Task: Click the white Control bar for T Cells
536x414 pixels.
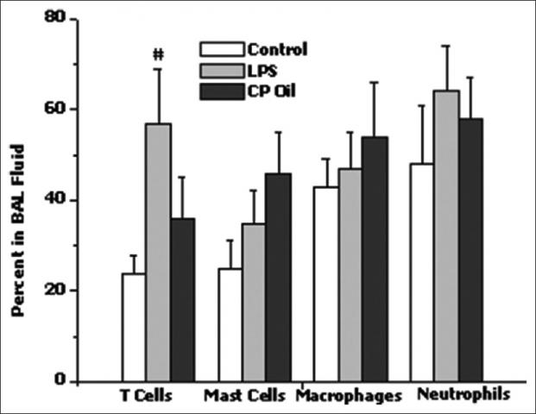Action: [x=133, y=327]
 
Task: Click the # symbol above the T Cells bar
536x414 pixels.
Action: [x=158, y=54]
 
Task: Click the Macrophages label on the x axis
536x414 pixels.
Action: [x=348, y=398]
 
